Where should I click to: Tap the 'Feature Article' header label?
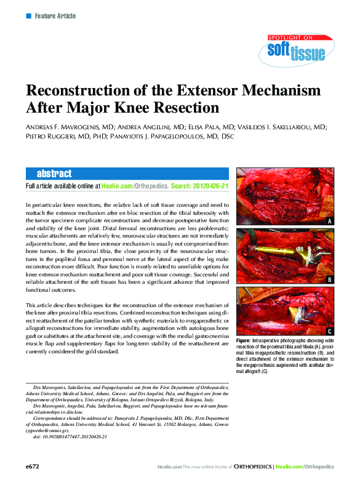(55, 15)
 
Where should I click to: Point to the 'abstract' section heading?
(54, 174)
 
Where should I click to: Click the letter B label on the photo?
(329, 280)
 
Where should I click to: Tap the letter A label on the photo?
(329, 220)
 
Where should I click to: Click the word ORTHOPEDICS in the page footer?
(254, 467)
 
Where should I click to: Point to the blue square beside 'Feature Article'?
(28, 15)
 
